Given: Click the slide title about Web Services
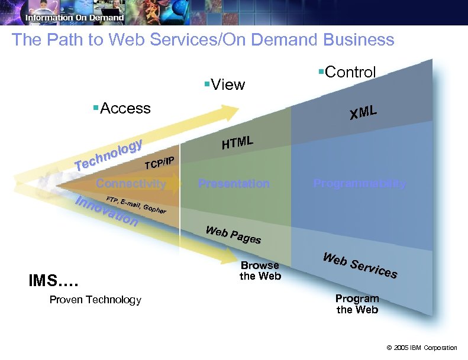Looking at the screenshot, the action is [x=203, y=40].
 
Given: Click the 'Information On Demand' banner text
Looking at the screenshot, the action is [x=75, y=18].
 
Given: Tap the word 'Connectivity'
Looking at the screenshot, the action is [x=131, y=183].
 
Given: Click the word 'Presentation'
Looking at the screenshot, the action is [x=234, y=183].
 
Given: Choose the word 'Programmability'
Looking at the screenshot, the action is [x=360, y=183].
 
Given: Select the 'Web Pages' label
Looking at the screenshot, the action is [x=233, y=235].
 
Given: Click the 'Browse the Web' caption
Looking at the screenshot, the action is [x=260, y=271].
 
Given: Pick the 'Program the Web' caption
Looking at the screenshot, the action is [x=357, y=304].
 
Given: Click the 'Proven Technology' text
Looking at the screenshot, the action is [x=95, y=300].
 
